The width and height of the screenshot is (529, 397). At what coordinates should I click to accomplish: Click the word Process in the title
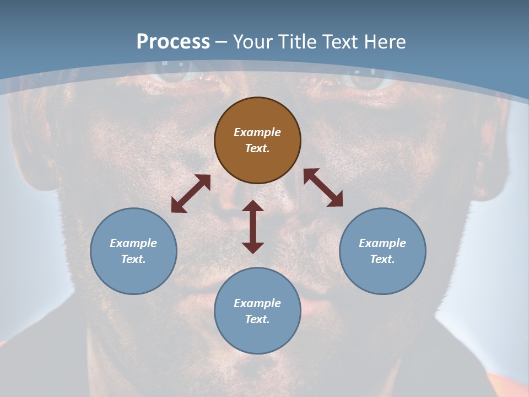173,42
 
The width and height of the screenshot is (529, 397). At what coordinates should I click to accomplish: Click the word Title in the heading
297,42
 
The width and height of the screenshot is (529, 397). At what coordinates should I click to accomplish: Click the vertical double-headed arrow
253,227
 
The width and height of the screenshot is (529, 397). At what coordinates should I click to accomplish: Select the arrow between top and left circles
191,194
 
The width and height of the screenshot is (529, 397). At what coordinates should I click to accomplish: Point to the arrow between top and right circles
323,187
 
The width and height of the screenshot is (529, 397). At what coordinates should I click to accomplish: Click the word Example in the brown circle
257,132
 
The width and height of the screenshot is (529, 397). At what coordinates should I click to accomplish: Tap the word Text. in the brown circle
257,148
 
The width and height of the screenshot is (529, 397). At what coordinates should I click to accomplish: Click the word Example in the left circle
133,243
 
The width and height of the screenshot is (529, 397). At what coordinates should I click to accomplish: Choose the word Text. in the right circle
382,259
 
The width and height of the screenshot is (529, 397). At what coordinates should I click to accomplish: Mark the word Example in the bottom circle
257,303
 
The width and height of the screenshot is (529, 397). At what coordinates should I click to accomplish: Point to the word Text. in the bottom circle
257,319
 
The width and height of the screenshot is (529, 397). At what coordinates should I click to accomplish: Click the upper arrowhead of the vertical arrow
253,206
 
